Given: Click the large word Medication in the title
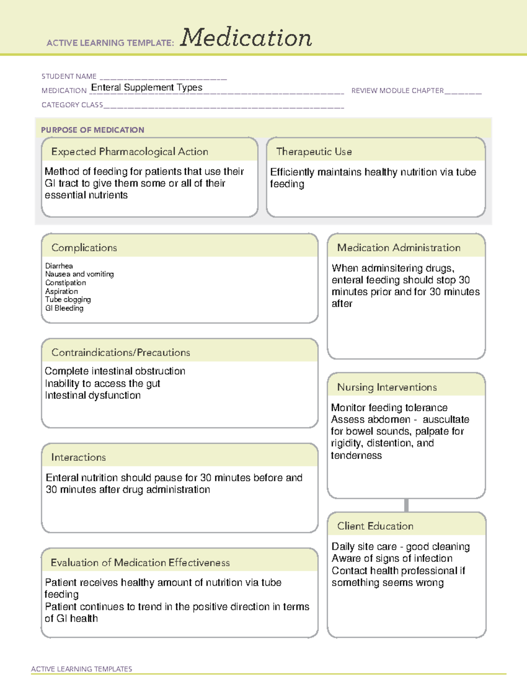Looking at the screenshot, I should coord(246,38).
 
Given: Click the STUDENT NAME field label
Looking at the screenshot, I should coord(69,76).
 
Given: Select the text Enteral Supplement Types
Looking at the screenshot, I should coord(147,87).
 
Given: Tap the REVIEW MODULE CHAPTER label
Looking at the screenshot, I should coord(397,90).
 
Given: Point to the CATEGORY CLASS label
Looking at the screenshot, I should coord(72,105).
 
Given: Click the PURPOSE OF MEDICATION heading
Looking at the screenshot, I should coord(92,130).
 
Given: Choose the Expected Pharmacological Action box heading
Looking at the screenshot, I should coord(130,152).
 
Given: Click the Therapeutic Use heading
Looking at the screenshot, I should coord(314,152).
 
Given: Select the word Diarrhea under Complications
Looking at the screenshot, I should coord(59,266).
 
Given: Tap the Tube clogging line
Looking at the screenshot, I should coord(68,300).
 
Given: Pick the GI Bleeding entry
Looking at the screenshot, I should coord(64,308).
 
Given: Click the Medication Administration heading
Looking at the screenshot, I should coord(399,248).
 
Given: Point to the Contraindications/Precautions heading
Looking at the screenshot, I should coord(121,353).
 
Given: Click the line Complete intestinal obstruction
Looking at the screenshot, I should coord(115,371).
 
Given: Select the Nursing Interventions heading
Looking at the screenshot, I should coord(387,387).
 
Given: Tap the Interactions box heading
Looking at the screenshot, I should coord(79,458).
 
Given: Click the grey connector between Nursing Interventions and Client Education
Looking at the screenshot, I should coord(406,505).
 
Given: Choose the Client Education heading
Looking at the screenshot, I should coord(375,526).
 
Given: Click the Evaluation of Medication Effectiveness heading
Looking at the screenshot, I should coord(140,563).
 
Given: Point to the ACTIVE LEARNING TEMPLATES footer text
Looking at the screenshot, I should coord(82,669).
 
